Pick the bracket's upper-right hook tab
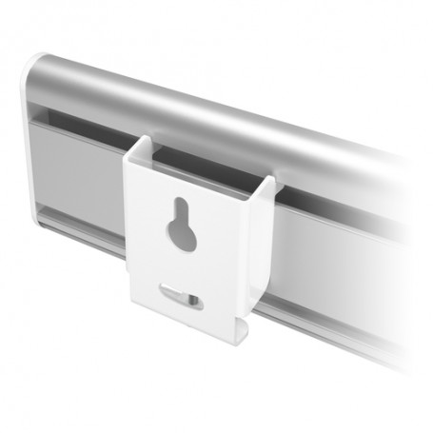269,187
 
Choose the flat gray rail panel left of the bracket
86,176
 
